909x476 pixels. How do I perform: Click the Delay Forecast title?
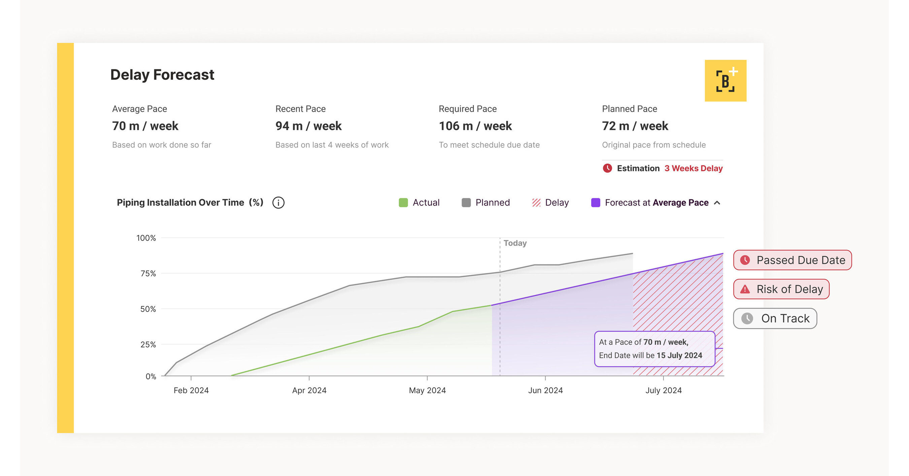coord(162,75)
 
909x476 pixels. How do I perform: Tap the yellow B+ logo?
coord(725,81)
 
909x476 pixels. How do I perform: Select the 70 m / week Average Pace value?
coord(145,126)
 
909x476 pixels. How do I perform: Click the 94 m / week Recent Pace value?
coord(308,126)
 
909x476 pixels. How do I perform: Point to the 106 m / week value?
coord(475,126)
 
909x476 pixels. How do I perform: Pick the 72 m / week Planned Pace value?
coord(635,126)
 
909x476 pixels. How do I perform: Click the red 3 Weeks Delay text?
coord(694,168)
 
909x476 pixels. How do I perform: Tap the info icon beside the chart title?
coord(278,203)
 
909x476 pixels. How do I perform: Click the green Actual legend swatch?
coord(403,203)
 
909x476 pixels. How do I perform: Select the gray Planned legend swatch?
coord(466,203)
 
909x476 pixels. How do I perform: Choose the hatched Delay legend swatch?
coord(536,203)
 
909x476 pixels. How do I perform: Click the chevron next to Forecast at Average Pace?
coord(717,203)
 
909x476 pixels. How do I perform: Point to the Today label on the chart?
coord(515,243)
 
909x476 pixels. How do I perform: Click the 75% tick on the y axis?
coord(148,273)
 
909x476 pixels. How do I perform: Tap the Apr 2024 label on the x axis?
coord(309,390)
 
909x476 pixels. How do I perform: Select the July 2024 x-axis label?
coord(663,390)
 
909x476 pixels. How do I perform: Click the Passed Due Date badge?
coord(793,260)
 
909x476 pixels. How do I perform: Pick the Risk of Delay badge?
coord(781,290)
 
